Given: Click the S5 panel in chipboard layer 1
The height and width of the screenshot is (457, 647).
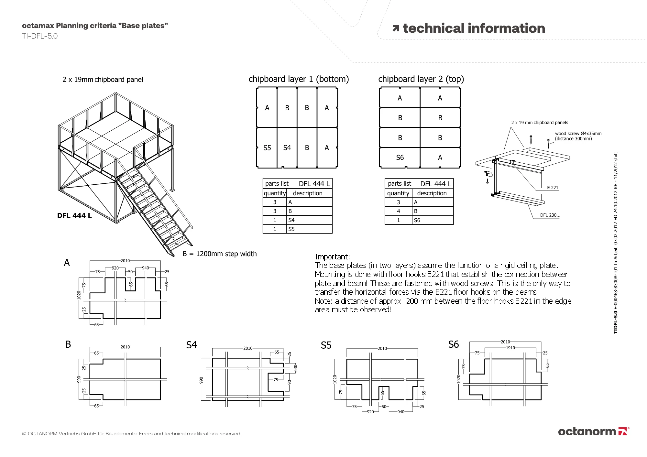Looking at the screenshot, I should pyautogui.click(x=267, y=148).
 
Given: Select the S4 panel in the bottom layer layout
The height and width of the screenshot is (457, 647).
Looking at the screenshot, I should pyautogui.click(x=287, y=148).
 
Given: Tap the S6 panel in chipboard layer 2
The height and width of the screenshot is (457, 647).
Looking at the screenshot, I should pyautogui.click(x=400, y=158).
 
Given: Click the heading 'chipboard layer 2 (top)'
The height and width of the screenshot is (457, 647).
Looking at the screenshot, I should pyautogui.click(x=421, y=79).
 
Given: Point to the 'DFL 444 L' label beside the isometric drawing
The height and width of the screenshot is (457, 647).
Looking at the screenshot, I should pyautogui.click(x=74, y=215).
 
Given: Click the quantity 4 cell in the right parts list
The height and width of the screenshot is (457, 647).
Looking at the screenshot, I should pyautogui.click(x=398, y=211).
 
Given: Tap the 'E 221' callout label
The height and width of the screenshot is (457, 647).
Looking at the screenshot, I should pyautogui.click(x=553, y=188).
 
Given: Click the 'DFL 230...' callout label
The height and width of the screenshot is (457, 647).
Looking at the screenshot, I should pyautogui.click(x=550, y=215).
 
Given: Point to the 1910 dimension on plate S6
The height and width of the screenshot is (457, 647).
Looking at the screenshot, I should pyautogui.click(x=510, y=348).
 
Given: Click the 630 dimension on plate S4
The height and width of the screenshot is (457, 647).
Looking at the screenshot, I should pyautogui.click(x=295, y=368).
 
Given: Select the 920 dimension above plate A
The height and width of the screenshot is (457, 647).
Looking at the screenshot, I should pyautogui.click(x=115, y=268).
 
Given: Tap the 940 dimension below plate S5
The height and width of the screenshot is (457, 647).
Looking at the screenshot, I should pyautogui.click(x=400, y=412).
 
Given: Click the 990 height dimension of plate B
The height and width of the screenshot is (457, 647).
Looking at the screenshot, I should pyautogui.click(x=79, y=379).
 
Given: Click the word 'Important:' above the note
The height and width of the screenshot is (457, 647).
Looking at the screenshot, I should pyautogui.click(x=332, y=257).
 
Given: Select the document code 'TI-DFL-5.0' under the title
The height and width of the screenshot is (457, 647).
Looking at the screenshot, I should pyautogui.click(x=40, y=36).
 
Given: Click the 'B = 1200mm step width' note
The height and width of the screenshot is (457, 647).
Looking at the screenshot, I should pyautogui.click(x=220, y=254).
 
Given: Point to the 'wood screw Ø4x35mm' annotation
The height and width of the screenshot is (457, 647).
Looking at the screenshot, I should pyautogui.click(x=578, y=134).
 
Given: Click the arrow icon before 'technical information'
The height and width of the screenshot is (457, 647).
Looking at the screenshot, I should pyautogui.click(x=396, y=28).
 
